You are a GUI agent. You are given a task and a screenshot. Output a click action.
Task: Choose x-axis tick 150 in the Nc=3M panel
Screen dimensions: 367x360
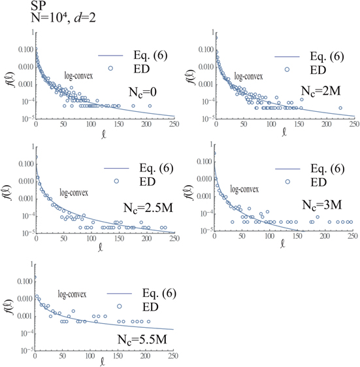[x=286, y=238]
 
